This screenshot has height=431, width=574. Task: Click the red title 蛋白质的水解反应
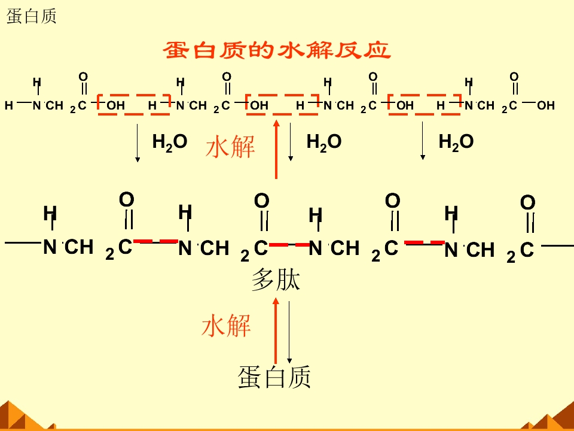[x=277, y=50]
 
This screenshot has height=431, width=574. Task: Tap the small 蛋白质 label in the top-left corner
[x=32, y=17]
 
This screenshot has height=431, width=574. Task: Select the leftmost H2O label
[x=170, y=142]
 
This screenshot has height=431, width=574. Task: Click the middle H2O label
[x=324, y=142]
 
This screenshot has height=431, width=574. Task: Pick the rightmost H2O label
[x=456, y=142]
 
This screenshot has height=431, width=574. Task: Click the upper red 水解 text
[x=230, y=147]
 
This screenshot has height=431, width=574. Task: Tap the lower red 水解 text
[x=226, y=326]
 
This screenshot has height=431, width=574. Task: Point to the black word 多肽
[x=276, y=280]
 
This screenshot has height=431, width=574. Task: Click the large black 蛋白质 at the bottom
[x=274, y=377]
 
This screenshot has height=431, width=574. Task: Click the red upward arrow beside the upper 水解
[x=276, y=149]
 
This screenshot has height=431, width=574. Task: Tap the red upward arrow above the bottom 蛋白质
[x=276, y=330]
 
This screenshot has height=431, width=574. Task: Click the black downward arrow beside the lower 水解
[x=289, y=332]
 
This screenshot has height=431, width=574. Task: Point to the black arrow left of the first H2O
[x=138, y=143]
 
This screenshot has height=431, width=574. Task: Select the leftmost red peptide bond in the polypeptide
[x=155, y=241]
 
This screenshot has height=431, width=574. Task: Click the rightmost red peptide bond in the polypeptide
[x=425, y=243]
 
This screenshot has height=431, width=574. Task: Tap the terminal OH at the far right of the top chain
[x=545, y=105]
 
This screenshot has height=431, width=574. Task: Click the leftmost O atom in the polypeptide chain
[x=127, y=200]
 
